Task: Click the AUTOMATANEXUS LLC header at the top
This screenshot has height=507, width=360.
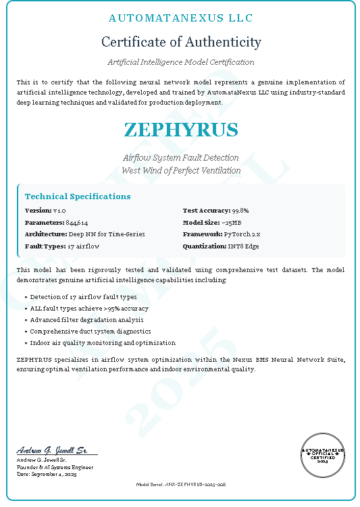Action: (180, 18)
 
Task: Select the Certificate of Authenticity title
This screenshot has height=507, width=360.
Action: (180, 42)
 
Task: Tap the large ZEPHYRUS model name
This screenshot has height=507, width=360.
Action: (180, 130)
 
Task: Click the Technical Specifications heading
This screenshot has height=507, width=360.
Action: (78, 196)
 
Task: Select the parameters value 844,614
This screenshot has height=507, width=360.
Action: (76, 222)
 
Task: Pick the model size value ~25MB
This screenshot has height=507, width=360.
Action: (232, 222)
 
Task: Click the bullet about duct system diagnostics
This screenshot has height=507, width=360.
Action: (91, 331)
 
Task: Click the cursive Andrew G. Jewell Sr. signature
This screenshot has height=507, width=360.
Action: (52, 450)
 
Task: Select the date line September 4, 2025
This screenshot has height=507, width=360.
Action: (47, 475)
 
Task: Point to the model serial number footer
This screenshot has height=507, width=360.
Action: (180, 485)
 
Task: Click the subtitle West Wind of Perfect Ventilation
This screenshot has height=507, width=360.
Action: (180, 171)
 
